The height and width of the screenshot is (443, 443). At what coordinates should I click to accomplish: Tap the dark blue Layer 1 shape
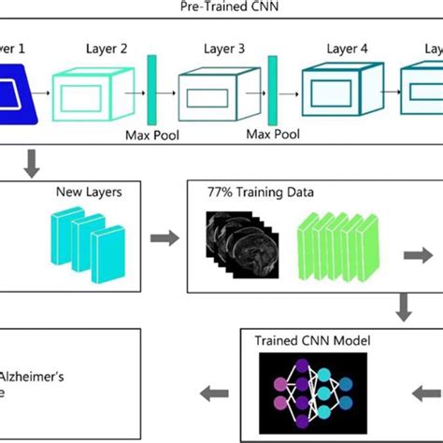click(20, 94)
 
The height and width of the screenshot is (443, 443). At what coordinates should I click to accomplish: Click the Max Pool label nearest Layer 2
click(151, 136)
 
